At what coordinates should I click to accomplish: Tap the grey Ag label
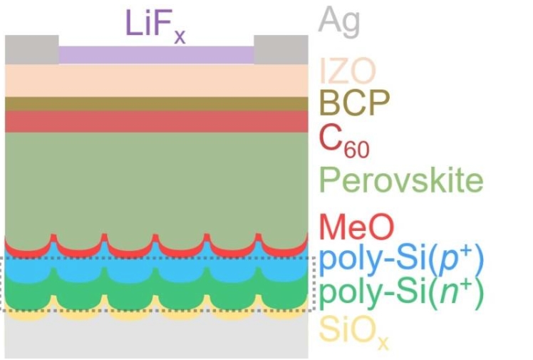pyautogui.click(x=339, y=21)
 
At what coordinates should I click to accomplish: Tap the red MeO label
pyautogui.click(x=356, y=228)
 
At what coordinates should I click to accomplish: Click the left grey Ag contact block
pyautogui.click(x=31, y=49)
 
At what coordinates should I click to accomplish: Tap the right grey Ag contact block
pyautogui.click(x=281, y=49)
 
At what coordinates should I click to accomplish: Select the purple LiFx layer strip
pyautogui.click(x=156, y=55)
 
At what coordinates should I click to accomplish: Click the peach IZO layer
pyautogui.click(x=156, y=81)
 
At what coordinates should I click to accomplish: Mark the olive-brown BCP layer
pyautogui.click(x=156, y=103)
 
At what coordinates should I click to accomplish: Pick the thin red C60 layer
pyautogui.click(x=156, y=121)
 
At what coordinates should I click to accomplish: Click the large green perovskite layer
pyautogui.click(x=156, y=182)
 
